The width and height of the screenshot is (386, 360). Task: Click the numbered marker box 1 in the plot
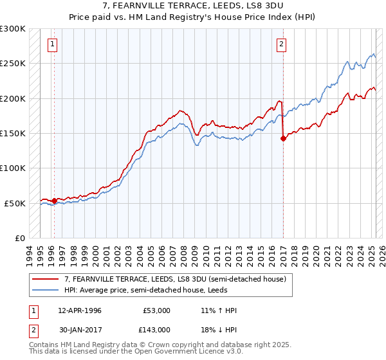pyautogui.click(x=51, y=44)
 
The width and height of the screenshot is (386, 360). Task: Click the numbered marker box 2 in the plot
pyautogui.click(x=282, y=44)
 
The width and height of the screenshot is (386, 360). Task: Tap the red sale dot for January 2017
pyautogui.click(x=284, y=138)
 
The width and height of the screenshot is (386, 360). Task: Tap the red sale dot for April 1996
pyautogui.click(x=54, y=201)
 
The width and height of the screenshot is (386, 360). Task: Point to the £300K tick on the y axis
pyautogui.click(x=13, y=29)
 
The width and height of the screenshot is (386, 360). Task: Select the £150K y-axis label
pyautogui.click(x=13, y=133)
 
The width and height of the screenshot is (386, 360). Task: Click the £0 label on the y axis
pyautogui.click(x=20, y=238)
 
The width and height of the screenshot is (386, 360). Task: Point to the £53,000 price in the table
pyautogui.click(x=157, y=310)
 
